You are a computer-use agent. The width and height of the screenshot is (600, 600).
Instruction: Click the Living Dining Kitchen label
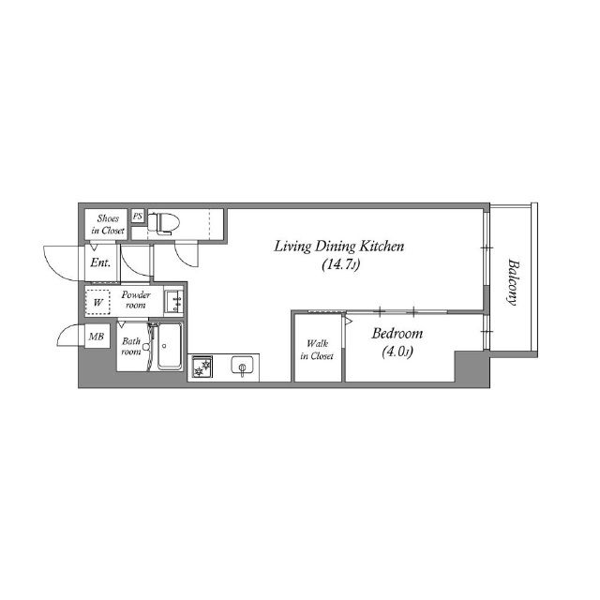[339, 247]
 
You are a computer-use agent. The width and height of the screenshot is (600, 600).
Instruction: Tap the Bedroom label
[397, 334]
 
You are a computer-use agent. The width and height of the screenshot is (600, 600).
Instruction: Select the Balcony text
[513, 282]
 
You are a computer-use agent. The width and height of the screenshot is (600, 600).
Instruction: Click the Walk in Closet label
[317, 350]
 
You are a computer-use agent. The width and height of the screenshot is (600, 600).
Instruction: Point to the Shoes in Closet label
[108, 225]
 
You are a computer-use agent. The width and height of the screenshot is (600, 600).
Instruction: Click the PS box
[138, 217]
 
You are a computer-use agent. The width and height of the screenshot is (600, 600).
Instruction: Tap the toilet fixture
[163, 223]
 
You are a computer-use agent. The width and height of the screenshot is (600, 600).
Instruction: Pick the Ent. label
[100, 262]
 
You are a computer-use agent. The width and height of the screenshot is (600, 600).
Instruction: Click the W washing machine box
[97, 302]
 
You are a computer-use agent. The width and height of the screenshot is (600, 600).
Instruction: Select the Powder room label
[136, 300]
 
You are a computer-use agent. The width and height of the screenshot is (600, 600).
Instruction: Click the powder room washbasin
[174, 301]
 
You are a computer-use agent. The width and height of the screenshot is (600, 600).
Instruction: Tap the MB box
[97, 337]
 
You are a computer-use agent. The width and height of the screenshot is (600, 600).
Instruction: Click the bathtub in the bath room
[170, 346]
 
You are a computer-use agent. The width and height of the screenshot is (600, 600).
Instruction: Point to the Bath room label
[131, 346]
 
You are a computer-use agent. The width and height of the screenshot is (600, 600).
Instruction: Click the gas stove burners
[202, 367]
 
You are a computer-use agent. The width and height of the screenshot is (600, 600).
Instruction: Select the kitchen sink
[242, 366]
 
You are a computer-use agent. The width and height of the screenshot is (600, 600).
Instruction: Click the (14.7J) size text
[340, 264]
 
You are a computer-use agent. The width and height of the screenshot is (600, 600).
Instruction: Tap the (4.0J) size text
[397, 352]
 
